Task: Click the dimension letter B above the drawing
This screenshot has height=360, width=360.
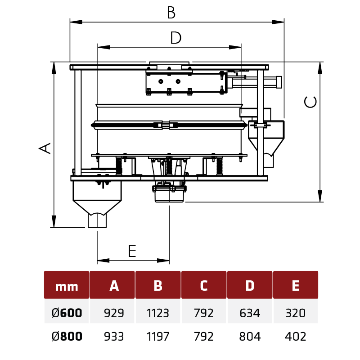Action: pyautogui.click(x=171, y=13)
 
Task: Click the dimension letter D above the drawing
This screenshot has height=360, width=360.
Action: pyautogui.click(x=175, y=38)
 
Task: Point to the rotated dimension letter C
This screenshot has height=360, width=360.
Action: pyautogui.click(x=310, y=102)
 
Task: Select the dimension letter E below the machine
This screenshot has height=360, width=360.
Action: pyautogui.click(x=132, y=251)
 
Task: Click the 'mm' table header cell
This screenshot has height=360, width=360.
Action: pyautogui.click(x=67, y=286)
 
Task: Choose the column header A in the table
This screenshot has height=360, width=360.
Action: pyautogui.click(x=114, y=286)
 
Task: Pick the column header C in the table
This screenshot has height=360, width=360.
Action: pyautogui.click(x=204, y=286)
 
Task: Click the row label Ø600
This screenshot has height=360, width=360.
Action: pyautogui.click(x=67, y=313)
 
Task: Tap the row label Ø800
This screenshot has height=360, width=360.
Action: pyautogui.click(x=67, y=336)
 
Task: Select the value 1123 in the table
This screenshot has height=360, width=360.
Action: pyautogui.click(x=158, y=313)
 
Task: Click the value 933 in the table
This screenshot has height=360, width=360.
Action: pyautogui.click(x=114, y=336)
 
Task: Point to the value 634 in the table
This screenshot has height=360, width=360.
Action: pyautogui.click(x=250, y=313)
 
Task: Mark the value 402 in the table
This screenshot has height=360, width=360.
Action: pyautogui.click(x=296, y=336)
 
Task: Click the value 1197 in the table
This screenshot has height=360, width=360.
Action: pyautogui.click(x=158, y=336)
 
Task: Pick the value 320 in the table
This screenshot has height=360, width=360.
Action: pyautogui.click(x=296, y=313)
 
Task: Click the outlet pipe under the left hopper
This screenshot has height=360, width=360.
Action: pyautogui.click(x=97, y=220)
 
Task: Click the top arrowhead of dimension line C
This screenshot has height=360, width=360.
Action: pyautogui.click(x=320, y=67)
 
